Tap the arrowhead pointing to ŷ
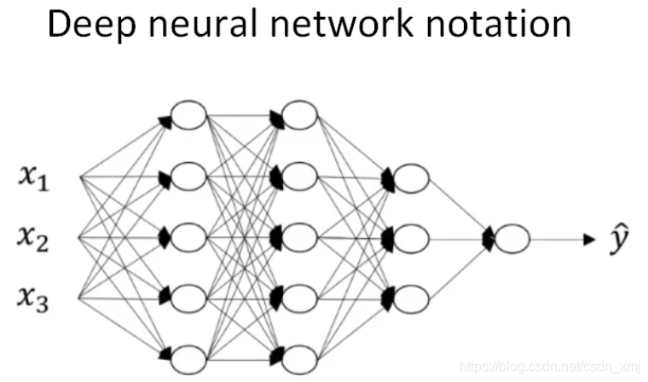point(587,240)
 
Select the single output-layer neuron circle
point(512,239)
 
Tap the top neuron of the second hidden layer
point(298,116)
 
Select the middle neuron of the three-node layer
point(410,238)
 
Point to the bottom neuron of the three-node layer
point(410,298)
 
